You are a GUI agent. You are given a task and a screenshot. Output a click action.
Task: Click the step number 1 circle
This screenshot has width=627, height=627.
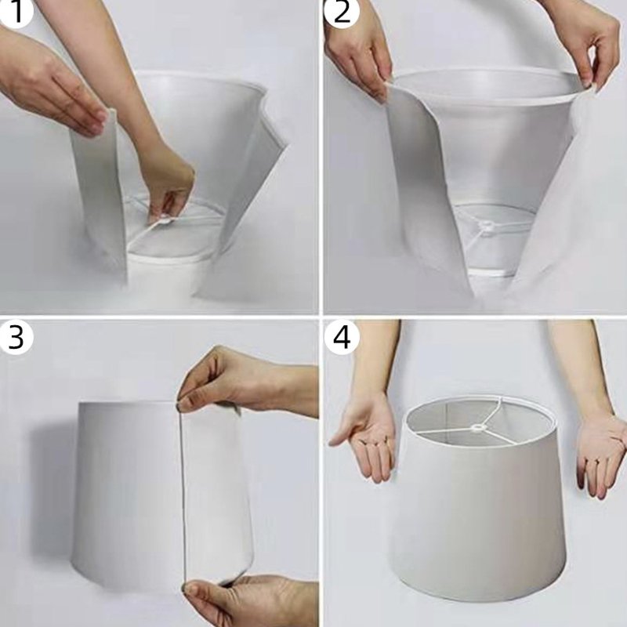click(x=15, y=12)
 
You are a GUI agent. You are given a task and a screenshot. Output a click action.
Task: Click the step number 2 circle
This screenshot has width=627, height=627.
click(x=342, y=13)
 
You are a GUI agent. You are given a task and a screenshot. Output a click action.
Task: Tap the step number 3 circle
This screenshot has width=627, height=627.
click(x=16, y=337)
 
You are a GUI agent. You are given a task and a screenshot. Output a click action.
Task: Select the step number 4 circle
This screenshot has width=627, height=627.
click(x=342, y=337)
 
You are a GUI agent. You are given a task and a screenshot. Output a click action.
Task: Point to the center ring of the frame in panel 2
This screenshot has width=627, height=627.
click(x=486, y=226)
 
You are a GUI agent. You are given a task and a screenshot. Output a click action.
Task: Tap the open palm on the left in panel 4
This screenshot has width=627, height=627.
click(x=366, y=438)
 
